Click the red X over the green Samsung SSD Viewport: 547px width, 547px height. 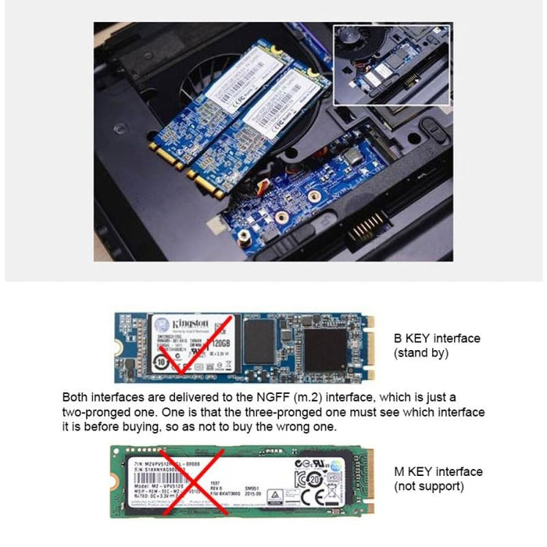click(x=191, y=481)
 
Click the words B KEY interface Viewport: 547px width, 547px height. click(x=437, y=338)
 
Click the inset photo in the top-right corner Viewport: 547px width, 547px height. click(x=391, y=64)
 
